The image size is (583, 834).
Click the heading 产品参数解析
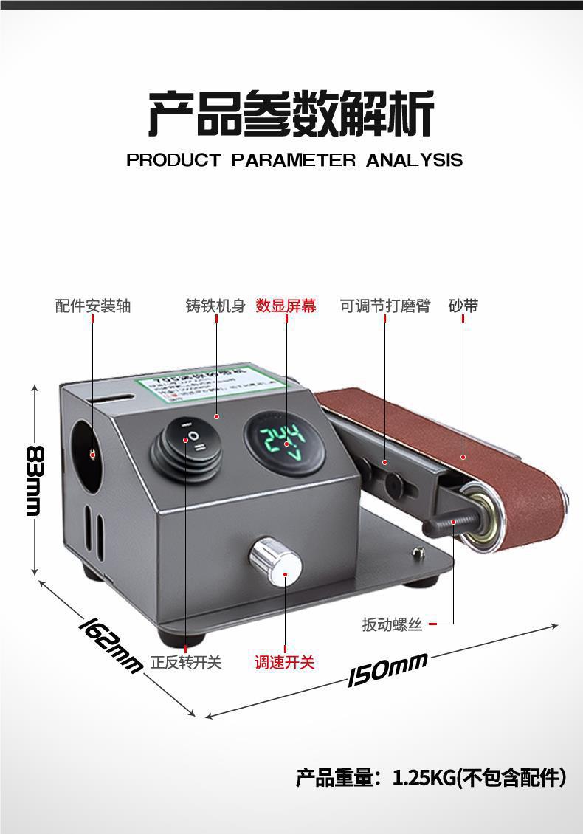coord(291,114)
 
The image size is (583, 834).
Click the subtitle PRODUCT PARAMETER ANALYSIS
coord(294,160)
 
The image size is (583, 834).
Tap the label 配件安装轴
coord(93,306)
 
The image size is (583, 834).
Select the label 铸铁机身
coord(215,306)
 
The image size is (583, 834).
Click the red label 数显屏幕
coord(286,306)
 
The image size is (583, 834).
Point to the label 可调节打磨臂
coord(384,306)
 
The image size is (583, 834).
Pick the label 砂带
coord(463,306)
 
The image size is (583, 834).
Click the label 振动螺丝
coord(392,624)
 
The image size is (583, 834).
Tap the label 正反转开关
coord(186,662)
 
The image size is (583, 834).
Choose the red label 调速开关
coord(285,662)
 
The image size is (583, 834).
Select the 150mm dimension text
coord(388,668)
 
